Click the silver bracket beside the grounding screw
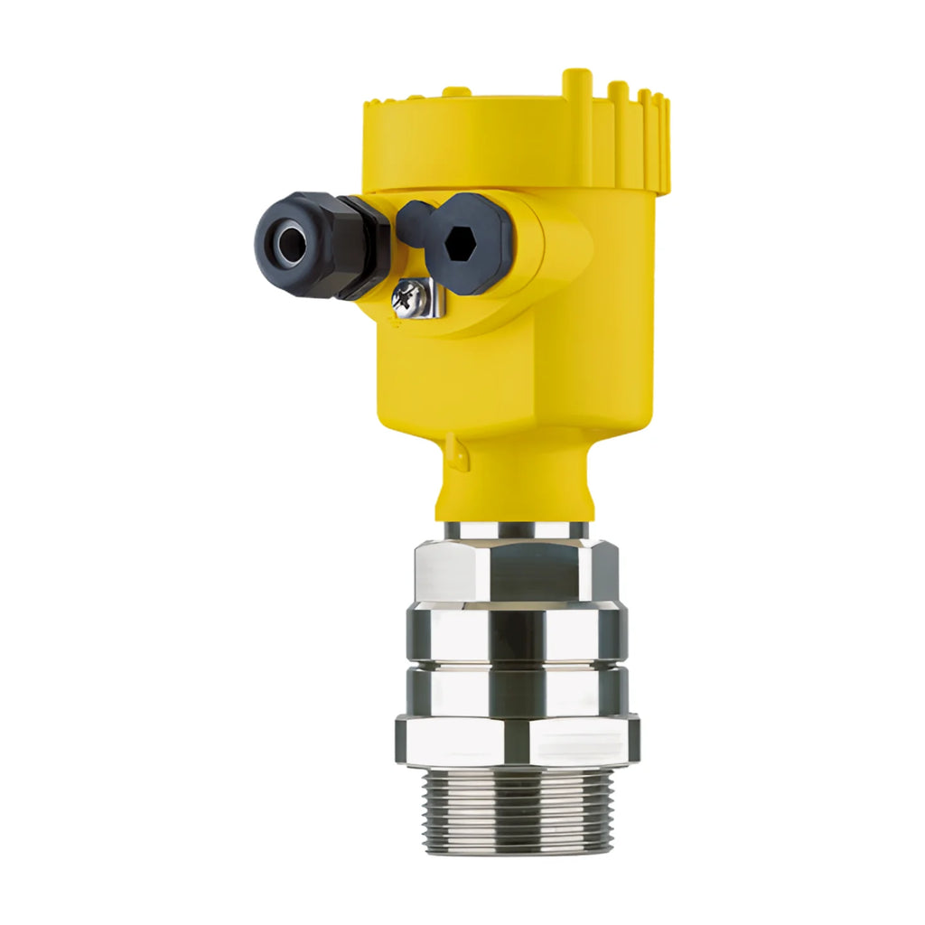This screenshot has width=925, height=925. click(x=432, y=298)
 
